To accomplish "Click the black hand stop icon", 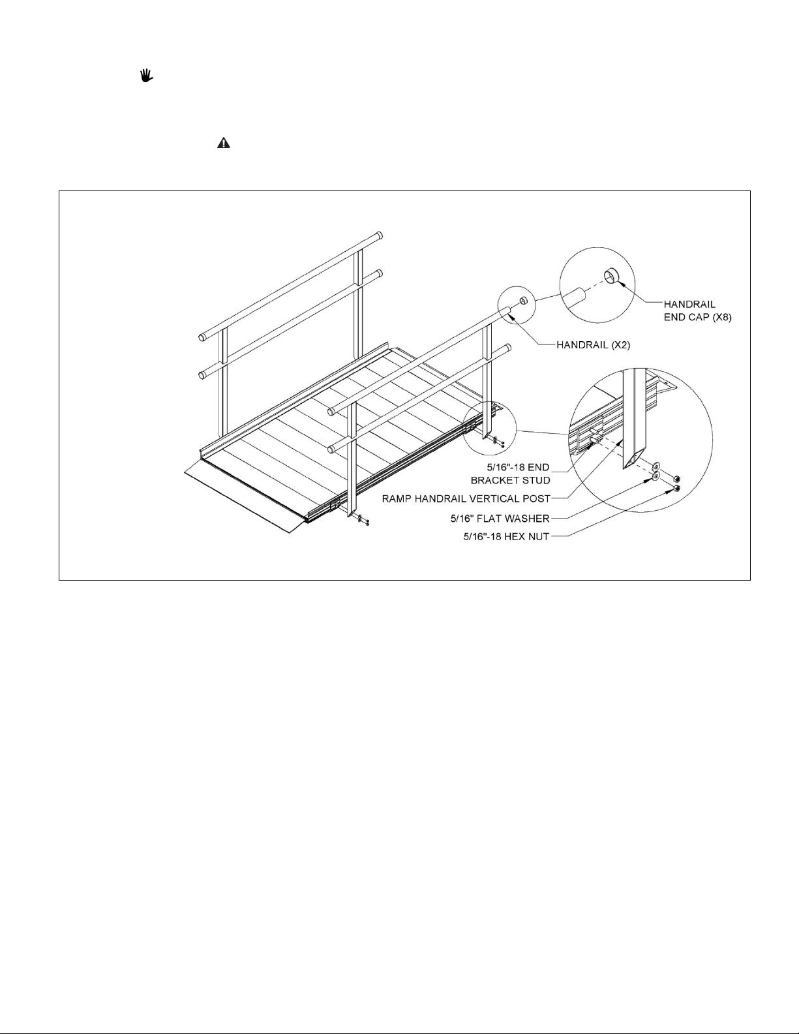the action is (x=147, y=76).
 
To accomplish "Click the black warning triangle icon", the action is (x=224, y=143).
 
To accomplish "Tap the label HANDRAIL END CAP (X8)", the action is (x=697, y=311).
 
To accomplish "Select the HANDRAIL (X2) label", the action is (x=593, y=344).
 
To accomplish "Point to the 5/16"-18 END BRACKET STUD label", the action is (x=510, y=474).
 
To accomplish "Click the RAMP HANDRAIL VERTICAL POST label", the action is (x=466, y=498).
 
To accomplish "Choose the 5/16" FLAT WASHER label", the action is (x=500, y=518).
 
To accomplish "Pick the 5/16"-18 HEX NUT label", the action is (x=507, y=537).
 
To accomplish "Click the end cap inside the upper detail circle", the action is (x=611, y=275).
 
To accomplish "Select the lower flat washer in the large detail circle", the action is (x=656, y=476).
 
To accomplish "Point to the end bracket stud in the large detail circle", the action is (x=594, y=437).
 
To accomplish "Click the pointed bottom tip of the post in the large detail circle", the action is (x=627, y=468).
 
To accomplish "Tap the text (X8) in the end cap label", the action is (x=719, y=316).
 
